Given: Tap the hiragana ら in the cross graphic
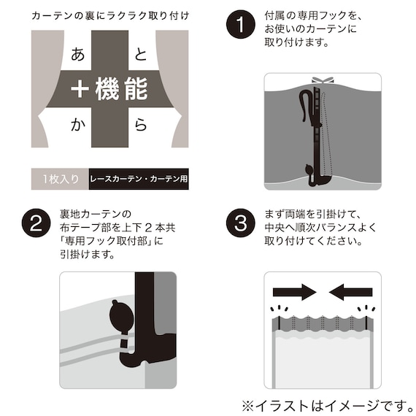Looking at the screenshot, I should click(x=141, y=125).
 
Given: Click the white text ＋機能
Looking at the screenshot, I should click(x=109, y=89).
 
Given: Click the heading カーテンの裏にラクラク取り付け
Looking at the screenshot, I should click(x=109, y=15).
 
